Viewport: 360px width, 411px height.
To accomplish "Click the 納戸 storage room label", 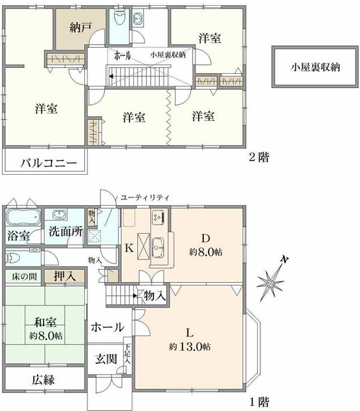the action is coord(80,27).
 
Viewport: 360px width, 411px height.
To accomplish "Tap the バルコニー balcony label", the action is coord(49,163).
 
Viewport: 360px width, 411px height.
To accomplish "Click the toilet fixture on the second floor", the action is coord(120,17).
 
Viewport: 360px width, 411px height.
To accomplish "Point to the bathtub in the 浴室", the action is coord(23,217).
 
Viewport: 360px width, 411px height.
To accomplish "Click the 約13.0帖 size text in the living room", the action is coord(190,347).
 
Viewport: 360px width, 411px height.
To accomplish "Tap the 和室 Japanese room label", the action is coord(45,322).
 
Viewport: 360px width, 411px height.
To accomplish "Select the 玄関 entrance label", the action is coord(106,359).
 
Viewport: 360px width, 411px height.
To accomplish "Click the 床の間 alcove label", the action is coord(24,276).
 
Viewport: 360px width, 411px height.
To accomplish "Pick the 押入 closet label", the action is coord(65,276).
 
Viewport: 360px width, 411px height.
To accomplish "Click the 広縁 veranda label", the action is coord(43,379).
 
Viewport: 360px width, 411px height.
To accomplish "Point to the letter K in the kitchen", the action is coord(129,247).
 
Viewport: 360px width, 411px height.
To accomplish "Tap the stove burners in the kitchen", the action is coord(159,217).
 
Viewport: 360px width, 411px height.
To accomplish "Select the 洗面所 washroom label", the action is coord(65,232).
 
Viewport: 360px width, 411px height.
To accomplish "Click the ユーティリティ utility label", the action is coord(145,197).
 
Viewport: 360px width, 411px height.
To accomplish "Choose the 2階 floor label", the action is coord(259,157).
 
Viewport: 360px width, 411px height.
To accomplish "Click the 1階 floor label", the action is coord(259,402).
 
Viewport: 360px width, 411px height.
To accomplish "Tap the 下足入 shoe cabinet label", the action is coord(128,353).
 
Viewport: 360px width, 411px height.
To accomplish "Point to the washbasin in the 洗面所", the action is coord(60,215).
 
